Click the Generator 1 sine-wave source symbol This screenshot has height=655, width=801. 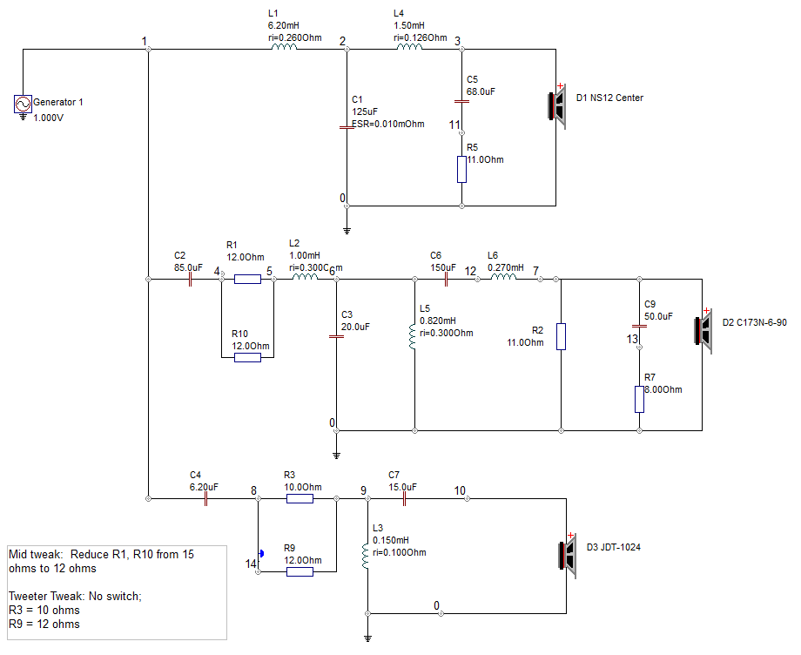coord(23,104)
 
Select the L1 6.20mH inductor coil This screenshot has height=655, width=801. coord(284,47)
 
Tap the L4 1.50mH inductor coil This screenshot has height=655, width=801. coord(410,47)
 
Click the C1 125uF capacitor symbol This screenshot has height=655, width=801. coord(347,127)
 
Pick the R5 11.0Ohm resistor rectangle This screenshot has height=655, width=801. coord(461,170)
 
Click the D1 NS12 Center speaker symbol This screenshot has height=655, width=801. coord(557,105)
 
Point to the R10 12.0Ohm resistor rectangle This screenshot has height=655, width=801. coord(248,358)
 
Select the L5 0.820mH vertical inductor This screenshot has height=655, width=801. coord(413,337)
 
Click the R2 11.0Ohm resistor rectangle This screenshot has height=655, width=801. coord(561,337)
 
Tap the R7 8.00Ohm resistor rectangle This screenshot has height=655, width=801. coord(640,400)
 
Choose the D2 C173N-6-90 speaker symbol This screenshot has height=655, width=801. coord(703,331)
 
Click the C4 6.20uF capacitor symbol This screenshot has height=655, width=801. coord(205,499)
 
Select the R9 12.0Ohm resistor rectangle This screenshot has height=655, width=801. coord(300,571)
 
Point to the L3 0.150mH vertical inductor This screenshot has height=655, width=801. coord(366,557)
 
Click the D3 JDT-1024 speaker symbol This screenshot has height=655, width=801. coord(568,556)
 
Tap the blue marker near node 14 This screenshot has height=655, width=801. coord(261,553)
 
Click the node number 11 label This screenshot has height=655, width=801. coord(454,125)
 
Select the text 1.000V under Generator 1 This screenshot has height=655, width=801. coord(49,118)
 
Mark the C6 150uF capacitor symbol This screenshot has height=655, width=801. coord(446,279)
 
